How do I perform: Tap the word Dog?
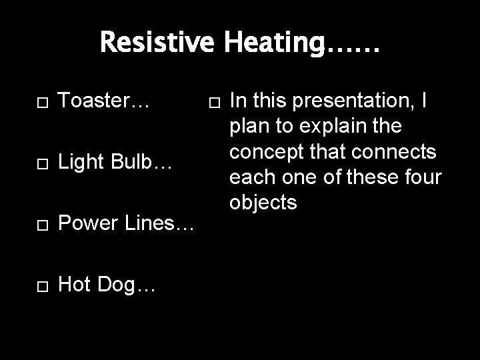[127, 287]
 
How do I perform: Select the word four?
[421, 177]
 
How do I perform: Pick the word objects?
[263, 201]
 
